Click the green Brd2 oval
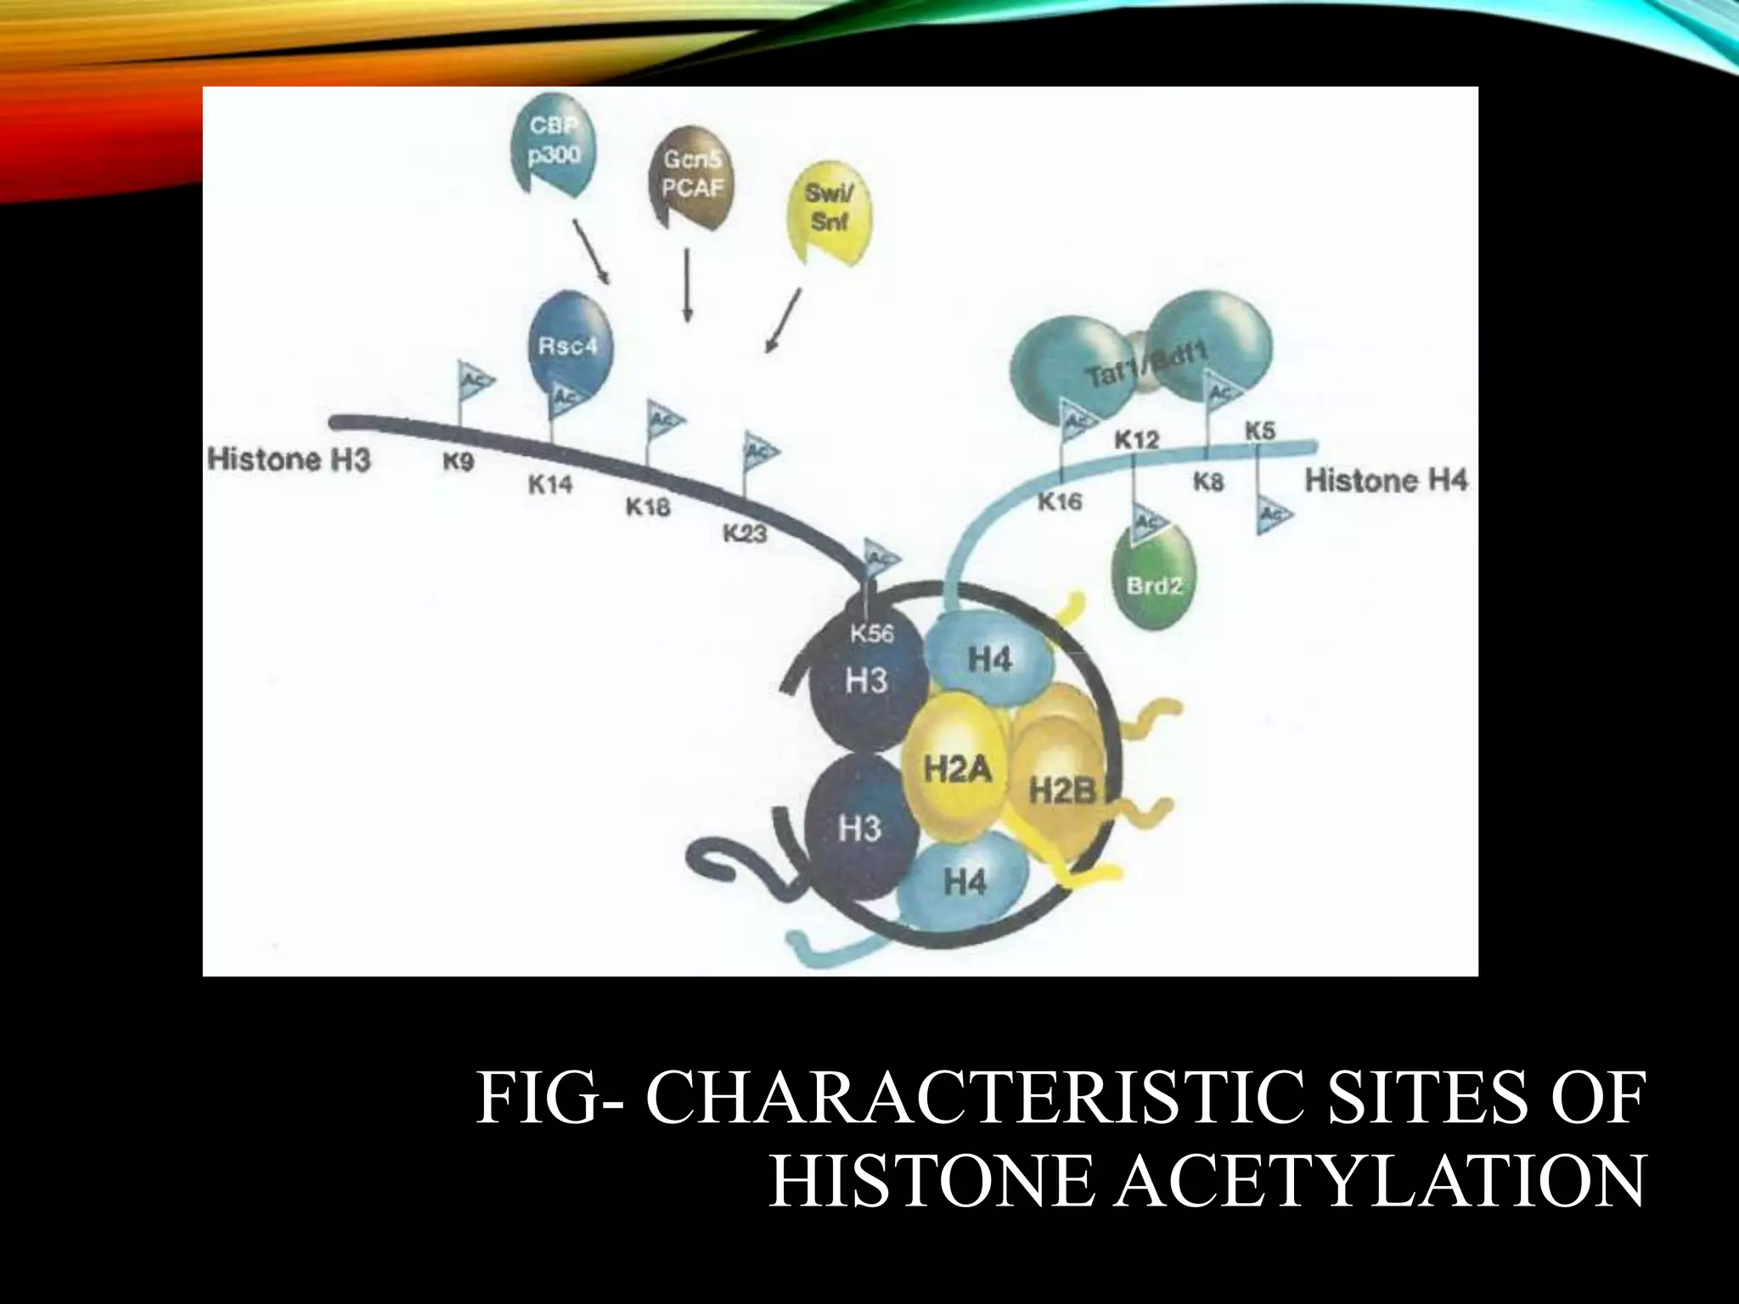tap(1153, 576)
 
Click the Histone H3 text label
tap(290, 460)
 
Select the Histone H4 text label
tap(1386, 481)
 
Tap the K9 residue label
tap(459, 463)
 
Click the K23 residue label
tap(745, 533)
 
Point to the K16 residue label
tap(1061, 503)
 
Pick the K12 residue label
tap(1136, 441)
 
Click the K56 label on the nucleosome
tap(872, 633)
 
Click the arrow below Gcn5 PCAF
tap(687, 284)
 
